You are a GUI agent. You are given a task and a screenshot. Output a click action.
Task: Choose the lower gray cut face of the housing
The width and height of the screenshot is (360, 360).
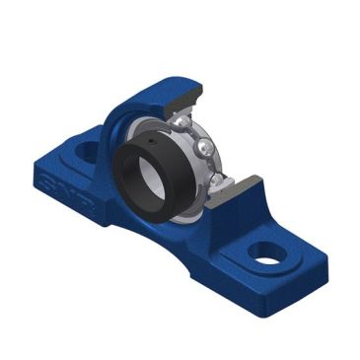click(x=241, y=191)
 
